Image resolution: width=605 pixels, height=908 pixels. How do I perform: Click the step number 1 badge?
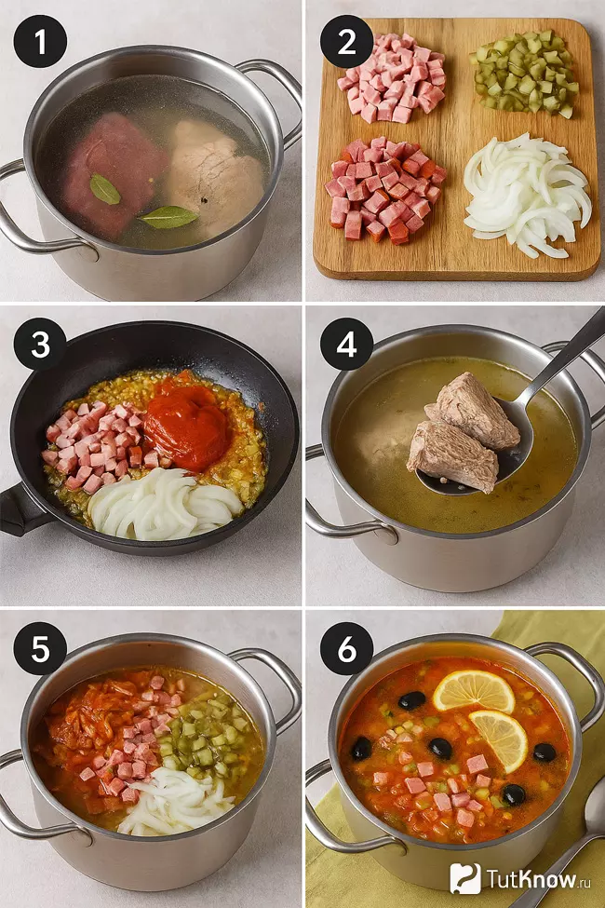point(41,41)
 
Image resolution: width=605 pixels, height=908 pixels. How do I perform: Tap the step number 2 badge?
point(347,41)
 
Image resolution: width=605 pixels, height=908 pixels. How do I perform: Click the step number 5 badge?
point(41,648)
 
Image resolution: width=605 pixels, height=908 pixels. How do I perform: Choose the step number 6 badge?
point(347,648)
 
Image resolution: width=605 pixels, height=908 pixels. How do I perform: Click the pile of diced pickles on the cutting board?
point(525,73)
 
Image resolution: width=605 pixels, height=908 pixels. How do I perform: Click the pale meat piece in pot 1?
point(215,174)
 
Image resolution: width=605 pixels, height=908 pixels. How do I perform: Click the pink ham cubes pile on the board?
point(393,77)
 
